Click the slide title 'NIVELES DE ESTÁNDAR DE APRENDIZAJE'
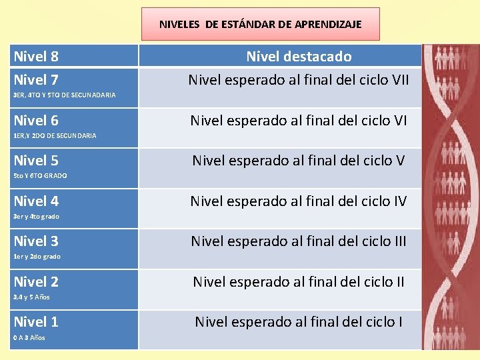coord(260,24)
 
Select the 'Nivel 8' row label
coord(36,57)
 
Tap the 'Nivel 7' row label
coord(36,81)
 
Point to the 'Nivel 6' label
coord(36,121)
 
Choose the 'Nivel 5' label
coord(36,161)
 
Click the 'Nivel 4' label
coord(36,201)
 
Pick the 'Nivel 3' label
coord(36,241)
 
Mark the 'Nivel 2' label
coord(36,281)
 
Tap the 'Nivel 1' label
coord(36,321)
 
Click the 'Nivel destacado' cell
coord(299,57)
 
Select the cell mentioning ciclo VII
coord(299,81)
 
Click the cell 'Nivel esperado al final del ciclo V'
coord(299,161)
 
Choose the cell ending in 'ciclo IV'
coord(299,201)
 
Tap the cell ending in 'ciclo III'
coord(299,241)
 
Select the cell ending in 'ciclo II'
coord(299,281)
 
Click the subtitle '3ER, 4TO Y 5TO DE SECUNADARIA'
coord(64,95)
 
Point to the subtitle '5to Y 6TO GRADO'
coord(40,176)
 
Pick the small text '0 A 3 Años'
coord(29,337)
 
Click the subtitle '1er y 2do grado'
coord(37,257)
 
